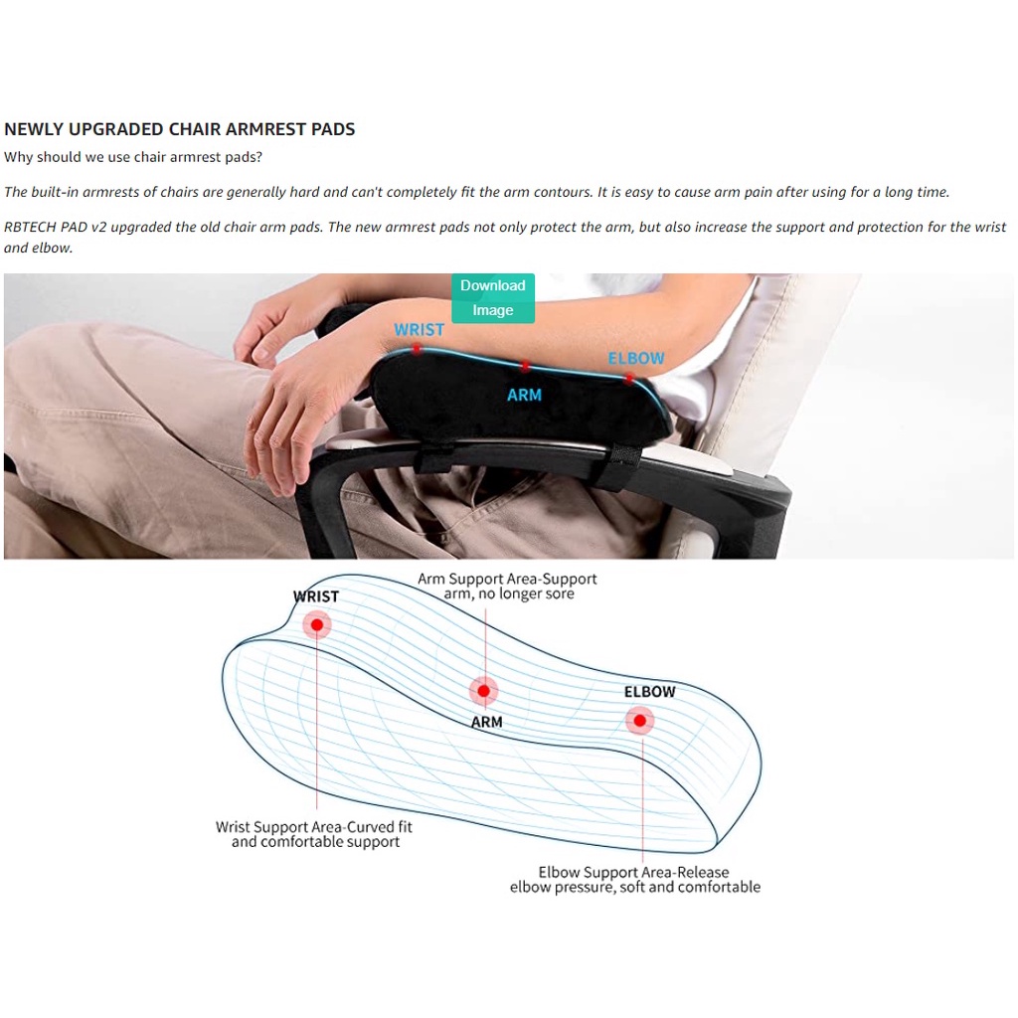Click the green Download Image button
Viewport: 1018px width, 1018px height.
[493, 298]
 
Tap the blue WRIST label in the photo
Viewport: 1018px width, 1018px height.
[419, 330]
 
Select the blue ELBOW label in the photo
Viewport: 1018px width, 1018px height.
[635, 358]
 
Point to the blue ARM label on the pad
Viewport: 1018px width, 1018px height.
[524, 395]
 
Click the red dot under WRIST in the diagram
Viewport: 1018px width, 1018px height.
[317, 624]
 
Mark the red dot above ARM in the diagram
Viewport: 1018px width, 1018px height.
[484, 691]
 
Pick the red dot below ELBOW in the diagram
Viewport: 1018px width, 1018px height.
[640, 721]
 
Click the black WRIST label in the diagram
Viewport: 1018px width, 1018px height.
[316, 596]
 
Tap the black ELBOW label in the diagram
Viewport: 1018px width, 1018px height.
[650, 692]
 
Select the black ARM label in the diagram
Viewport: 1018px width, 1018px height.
[487, 722]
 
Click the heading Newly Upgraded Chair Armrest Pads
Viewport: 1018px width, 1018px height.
[180, 129]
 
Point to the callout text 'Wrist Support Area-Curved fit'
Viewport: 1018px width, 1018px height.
[314, 827]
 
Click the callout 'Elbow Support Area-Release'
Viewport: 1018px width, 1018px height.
[633, 872]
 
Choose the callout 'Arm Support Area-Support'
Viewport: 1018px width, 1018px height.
[507, 579]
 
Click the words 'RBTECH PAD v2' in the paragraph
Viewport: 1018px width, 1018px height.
[56, 228]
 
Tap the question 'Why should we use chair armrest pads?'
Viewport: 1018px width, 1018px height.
[133, 157]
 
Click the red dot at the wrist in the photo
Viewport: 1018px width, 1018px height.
[417, 350]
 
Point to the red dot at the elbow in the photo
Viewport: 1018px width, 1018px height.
[628, 379]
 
